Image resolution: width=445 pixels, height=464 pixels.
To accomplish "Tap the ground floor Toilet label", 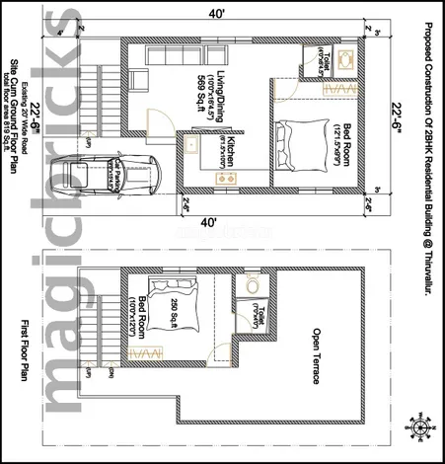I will [x=329, y=61].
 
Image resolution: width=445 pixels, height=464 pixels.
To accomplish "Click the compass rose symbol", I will [x=423, y=426].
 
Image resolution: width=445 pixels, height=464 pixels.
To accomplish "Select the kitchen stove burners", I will [x=226, y=177].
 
